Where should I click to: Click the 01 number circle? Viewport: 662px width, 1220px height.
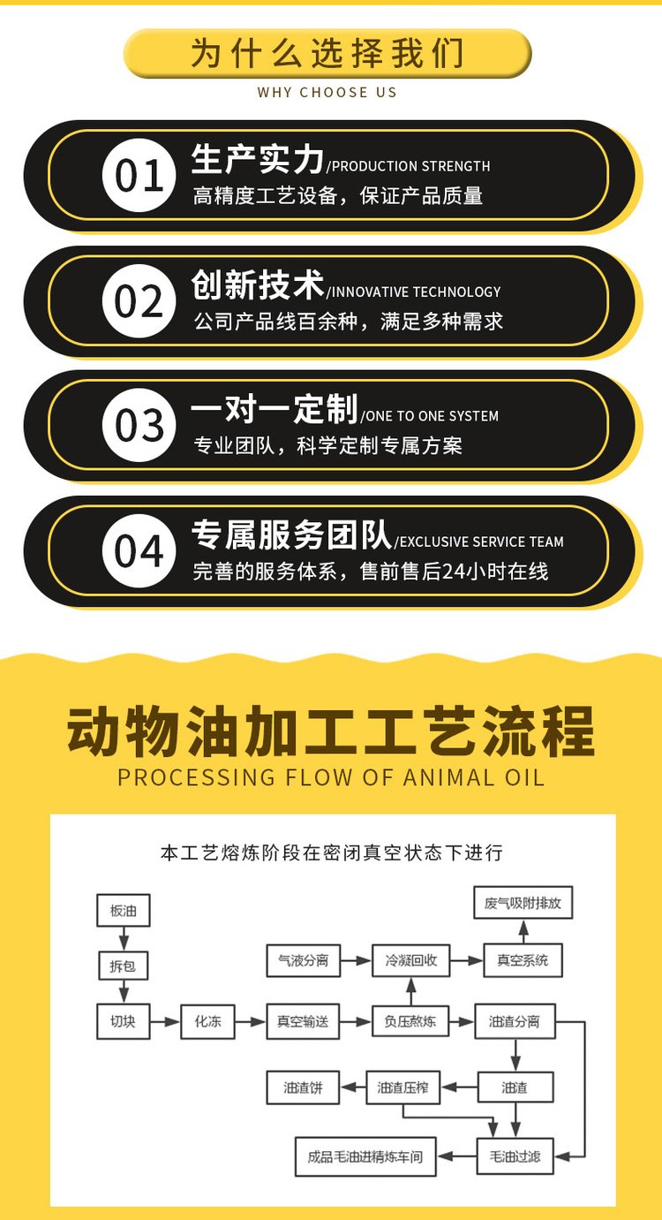139,175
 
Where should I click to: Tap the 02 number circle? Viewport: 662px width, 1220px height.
139,300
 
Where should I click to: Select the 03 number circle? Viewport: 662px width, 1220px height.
139,426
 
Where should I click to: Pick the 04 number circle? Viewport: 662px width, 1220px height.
139,550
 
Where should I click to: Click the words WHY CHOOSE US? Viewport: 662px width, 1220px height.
327,92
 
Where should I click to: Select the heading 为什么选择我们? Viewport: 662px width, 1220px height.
327,53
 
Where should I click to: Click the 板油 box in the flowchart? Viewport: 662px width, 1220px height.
124,910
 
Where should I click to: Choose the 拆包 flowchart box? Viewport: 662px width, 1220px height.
123,966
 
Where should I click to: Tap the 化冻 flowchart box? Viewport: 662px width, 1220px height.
207,1021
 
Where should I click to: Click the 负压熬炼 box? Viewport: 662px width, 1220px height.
410,1021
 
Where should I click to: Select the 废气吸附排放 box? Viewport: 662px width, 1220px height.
523,903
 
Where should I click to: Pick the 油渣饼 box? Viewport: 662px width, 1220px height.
303,1087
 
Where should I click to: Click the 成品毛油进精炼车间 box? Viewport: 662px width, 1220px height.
365,1156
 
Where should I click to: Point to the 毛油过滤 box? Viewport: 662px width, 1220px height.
515,1156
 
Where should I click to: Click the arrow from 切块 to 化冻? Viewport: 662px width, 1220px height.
165,1022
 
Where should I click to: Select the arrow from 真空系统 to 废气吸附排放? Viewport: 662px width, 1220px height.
523,931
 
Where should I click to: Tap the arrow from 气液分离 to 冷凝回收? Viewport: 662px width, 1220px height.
357,961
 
